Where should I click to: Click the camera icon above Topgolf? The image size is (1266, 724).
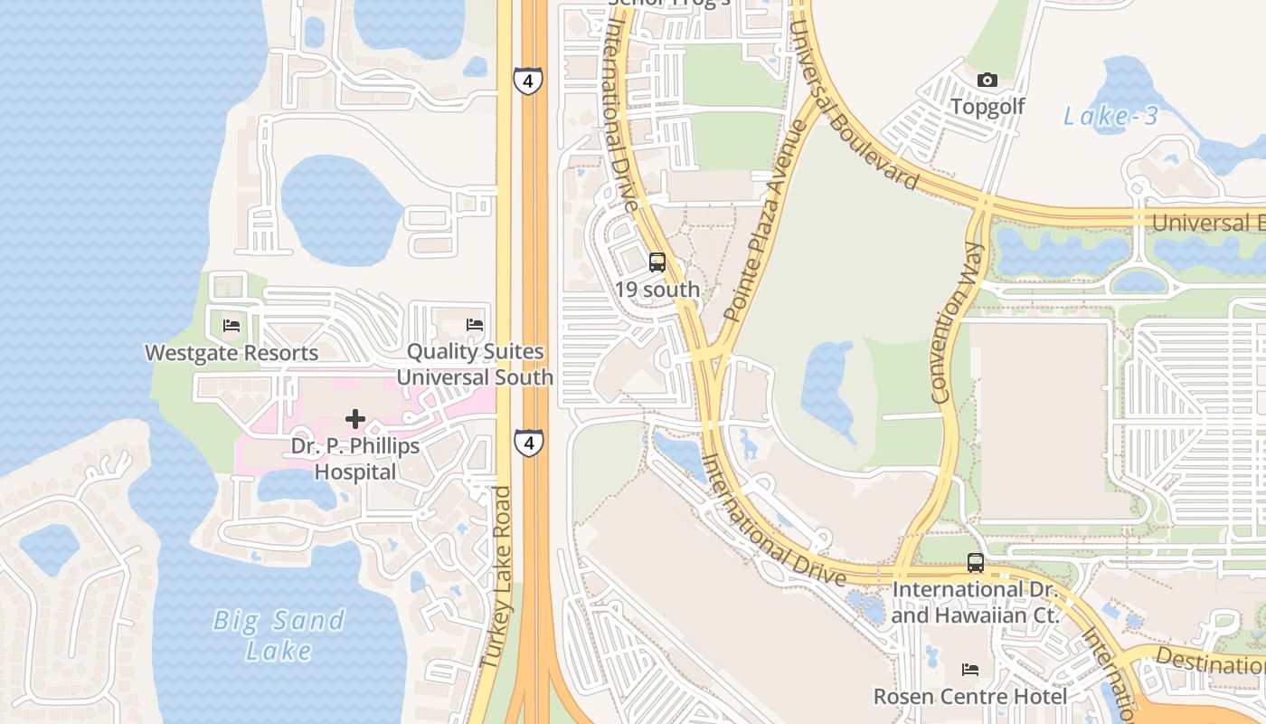987,81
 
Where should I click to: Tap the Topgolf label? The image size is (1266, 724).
987,107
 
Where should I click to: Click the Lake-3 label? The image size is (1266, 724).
1110,116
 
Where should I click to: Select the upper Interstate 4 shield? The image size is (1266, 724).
526,80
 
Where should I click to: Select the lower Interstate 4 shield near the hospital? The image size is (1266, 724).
529,443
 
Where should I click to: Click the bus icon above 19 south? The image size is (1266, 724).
657,263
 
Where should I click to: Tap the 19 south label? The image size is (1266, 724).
657,290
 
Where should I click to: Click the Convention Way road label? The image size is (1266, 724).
955,321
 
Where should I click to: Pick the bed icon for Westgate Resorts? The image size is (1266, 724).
231,326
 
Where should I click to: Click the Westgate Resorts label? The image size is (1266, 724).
231,353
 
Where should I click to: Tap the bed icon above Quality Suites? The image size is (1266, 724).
475,325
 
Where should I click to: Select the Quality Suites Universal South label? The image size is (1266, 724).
475,364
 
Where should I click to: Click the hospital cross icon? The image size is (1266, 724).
355,419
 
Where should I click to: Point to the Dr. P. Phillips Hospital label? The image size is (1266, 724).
355,459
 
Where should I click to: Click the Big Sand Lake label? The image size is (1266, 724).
279,634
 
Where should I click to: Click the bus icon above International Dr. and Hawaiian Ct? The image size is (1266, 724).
976,563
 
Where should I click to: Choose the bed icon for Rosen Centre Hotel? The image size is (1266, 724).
970,670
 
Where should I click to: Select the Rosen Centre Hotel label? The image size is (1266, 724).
970,697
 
